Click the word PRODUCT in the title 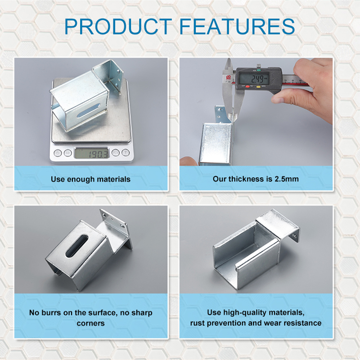(118, 27)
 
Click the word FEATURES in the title (237, 27)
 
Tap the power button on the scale (58, 153)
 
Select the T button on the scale (126, 152)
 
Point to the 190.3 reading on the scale (98, 154)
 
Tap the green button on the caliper (259, 70)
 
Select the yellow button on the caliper (258, 87)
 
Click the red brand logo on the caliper (229, 77)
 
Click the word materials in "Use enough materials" (114, 179)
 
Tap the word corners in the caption (91, 324)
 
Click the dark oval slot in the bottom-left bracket (76, 246)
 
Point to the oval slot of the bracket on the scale (88, 110)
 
